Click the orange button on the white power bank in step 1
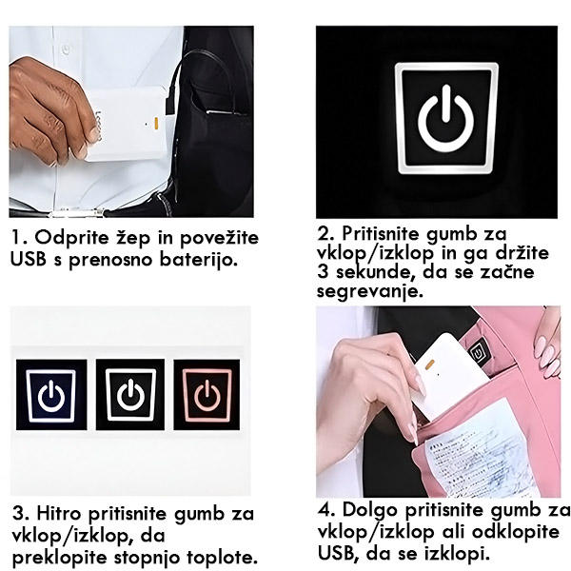point(155,124)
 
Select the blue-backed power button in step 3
point(51,394)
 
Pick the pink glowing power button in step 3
point(207,395)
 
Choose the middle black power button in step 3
point(130,394)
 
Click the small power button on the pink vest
point(476,353)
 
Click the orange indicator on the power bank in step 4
point(430,364)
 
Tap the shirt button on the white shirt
point(66,48)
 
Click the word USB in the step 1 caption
point(29,259)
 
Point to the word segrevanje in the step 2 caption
point(370,291)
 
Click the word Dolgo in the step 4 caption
point(370,511)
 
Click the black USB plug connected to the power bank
point(171,102)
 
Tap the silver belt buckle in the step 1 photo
point(77,212)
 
